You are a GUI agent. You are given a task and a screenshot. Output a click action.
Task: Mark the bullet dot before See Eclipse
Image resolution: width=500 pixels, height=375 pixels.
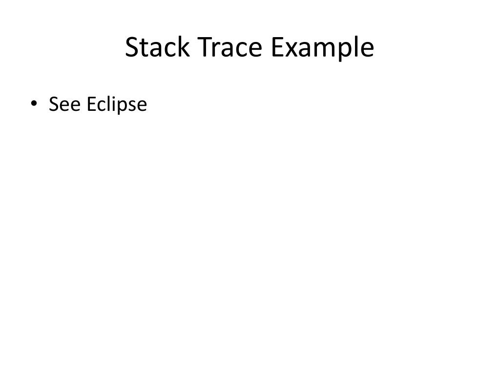[x=34, y=104]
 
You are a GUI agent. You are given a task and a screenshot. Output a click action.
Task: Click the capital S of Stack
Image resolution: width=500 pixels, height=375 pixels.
[x=132, y=48]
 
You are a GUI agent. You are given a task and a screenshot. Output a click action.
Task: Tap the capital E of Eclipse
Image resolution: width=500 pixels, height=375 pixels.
[x=91, y=104]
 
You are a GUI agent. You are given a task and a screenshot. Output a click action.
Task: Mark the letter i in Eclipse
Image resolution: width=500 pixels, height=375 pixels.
[x=113, y=104]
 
